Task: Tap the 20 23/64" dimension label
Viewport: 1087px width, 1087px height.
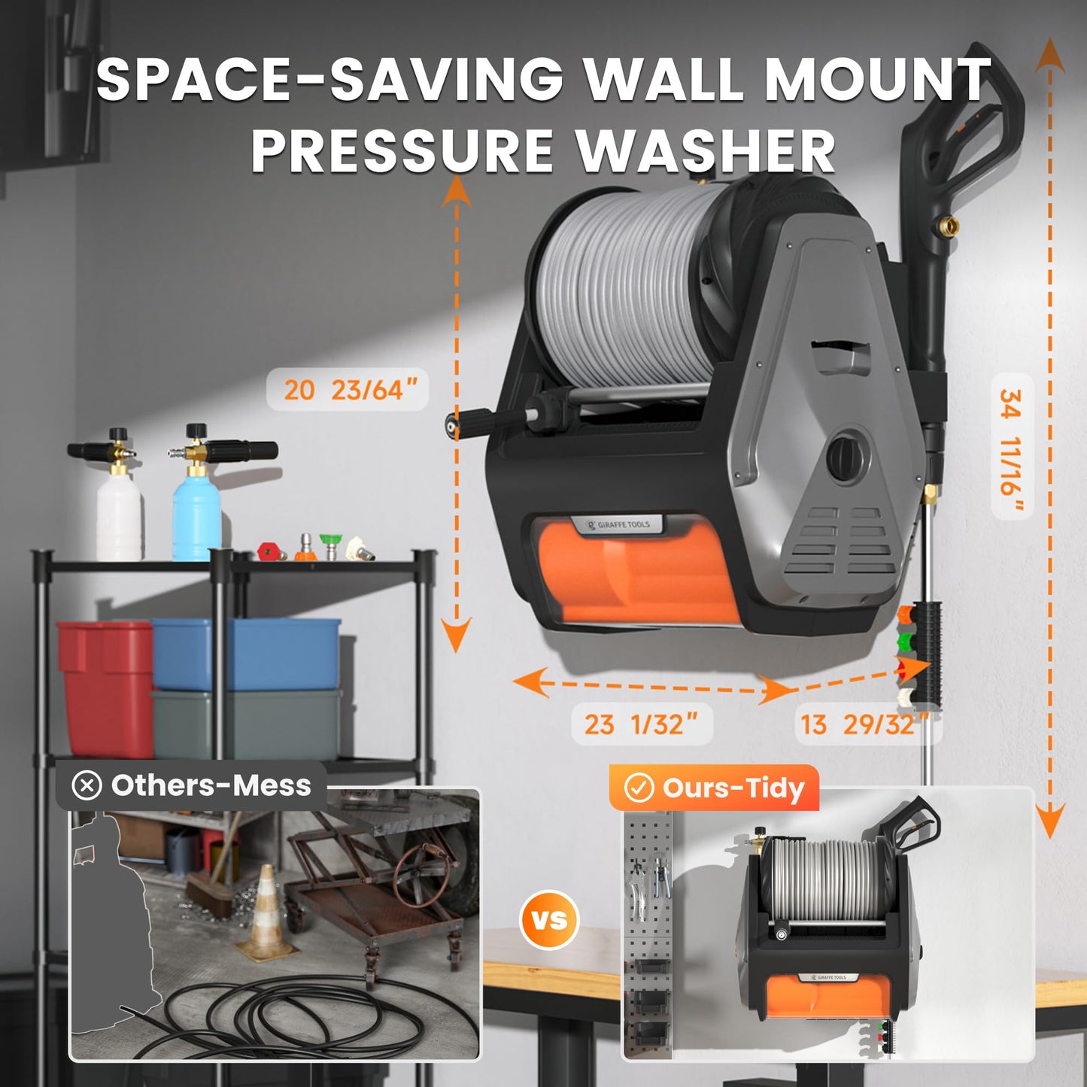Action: point(348,390)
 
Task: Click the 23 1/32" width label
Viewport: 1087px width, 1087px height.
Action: point(642,724)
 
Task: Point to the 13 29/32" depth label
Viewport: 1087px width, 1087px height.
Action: point(865,724)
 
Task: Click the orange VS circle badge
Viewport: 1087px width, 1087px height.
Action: point(549,919)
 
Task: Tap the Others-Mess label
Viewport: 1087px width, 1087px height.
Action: point(211,785)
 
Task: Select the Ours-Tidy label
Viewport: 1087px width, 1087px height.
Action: point(733,788)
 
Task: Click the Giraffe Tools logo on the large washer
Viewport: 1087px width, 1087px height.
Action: point(618,524)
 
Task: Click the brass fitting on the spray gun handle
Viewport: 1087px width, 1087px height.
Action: point(950,224)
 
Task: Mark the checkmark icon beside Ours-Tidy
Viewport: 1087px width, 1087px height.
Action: point(639,788)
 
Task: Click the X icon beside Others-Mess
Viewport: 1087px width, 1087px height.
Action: point(87,786)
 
